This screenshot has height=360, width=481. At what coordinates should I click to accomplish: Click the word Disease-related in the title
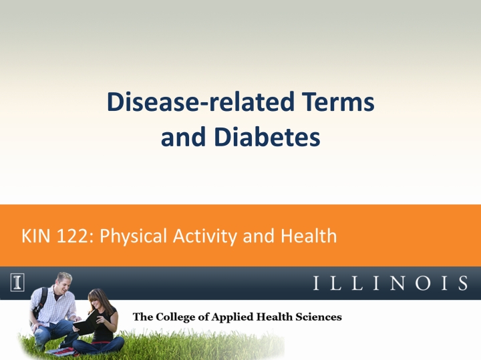(x=201, y=102)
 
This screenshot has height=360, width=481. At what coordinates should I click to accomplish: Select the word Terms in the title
(x=338, y=102)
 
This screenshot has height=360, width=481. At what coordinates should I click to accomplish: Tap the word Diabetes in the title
(x=267, y=136)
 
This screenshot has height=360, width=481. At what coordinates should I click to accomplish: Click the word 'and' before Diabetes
(x=183, y=136)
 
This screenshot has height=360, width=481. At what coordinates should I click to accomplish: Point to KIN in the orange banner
(x=35, y=236)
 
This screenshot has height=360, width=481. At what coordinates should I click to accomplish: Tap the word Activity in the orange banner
(x=204, y=236)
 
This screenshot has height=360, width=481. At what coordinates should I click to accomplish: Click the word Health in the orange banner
(x=309, y=236)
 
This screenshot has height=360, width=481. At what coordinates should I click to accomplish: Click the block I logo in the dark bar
(x=17, y=282)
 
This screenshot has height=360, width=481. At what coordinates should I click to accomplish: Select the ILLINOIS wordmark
(x=390, y=283)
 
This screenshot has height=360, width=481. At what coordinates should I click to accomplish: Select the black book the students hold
(x=86, y=323)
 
